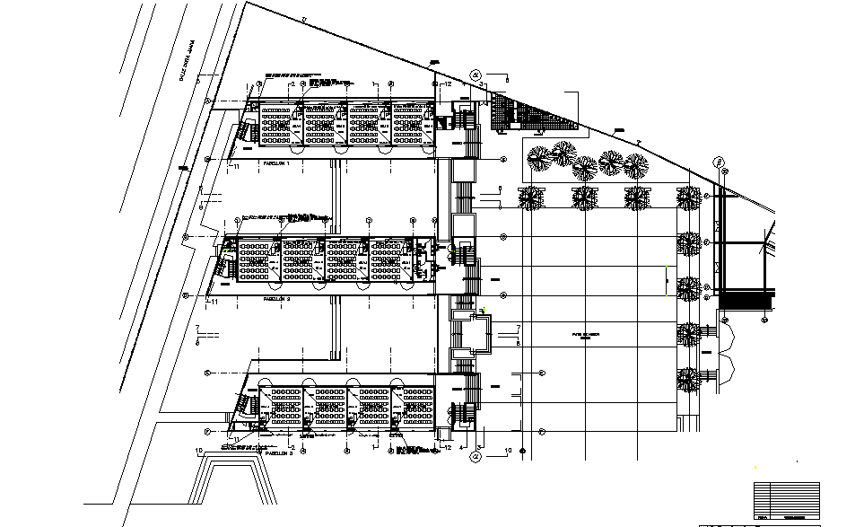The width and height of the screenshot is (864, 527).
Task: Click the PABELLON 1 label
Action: click(274, 164)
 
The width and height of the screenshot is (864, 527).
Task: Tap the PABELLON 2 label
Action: click(274, 297)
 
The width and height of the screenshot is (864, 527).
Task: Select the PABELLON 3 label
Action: click(279, 453)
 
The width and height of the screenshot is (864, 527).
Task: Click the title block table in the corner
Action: click(786, 500)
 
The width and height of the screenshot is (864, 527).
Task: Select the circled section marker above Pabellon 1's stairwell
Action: click(476, 75)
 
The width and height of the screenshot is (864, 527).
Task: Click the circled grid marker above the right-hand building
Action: click(719, 162)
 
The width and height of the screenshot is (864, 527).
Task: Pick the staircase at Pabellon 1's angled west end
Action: click(245, 134)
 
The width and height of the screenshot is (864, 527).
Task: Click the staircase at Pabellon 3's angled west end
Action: click(242, 405)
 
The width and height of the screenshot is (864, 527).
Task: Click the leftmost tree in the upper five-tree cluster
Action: click(538, 158)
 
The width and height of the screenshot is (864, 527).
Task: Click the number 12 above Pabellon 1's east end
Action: click(448, 83)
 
